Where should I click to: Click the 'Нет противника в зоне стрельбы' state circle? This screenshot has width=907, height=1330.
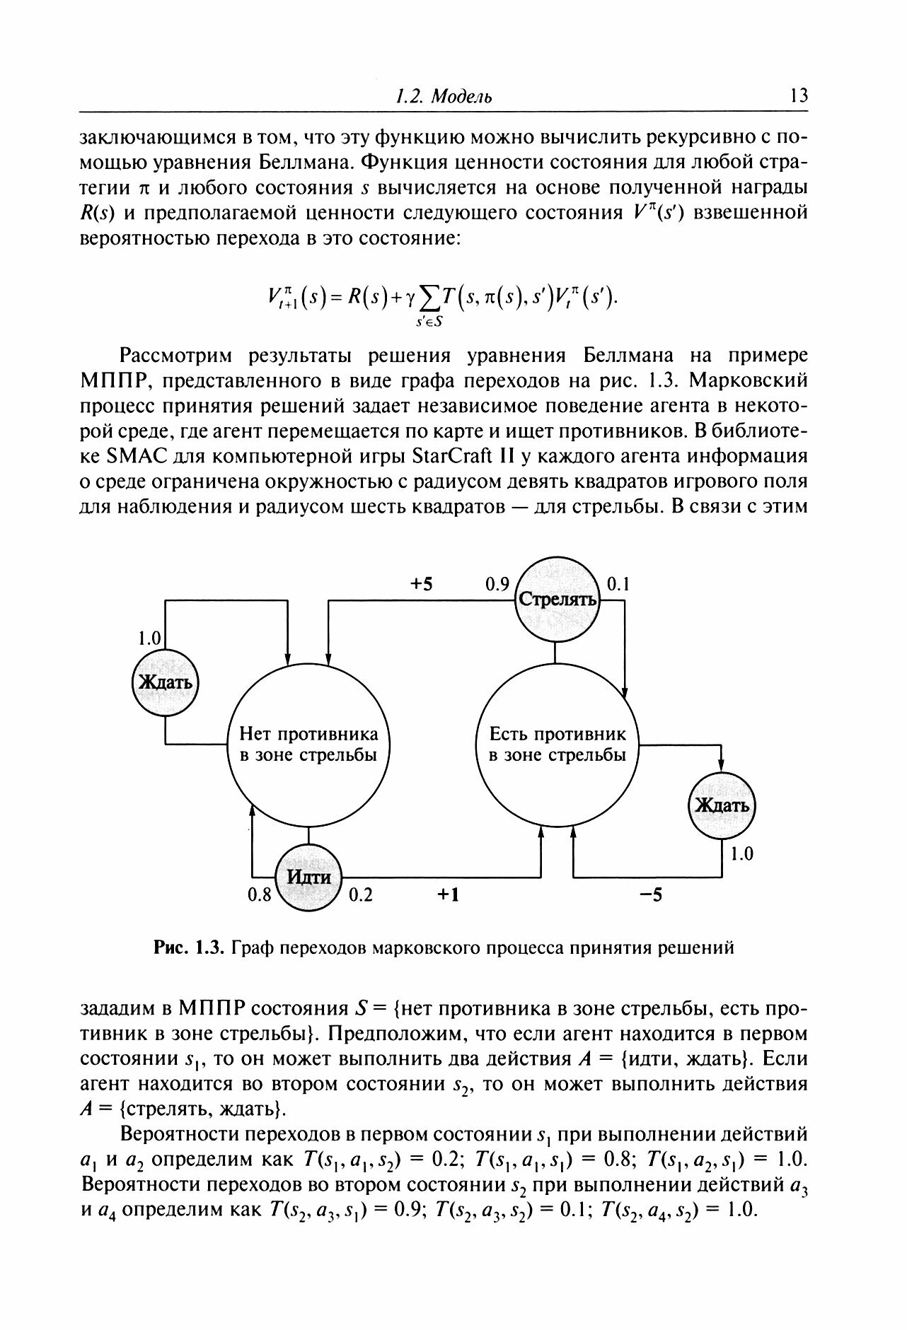(x=308, y=745)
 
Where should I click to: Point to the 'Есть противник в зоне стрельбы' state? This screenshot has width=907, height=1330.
(x=558, y=745)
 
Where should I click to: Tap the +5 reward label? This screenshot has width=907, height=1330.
(x=422, y=584)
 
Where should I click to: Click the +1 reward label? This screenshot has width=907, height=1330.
(x=448, y=895)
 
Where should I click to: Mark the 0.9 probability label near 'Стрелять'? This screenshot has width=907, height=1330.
(x=497, y=585)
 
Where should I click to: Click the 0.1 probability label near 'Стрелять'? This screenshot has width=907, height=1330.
(x=618, y=585)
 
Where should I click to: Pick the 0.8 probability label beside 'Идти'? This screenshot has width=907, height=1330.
(x=259, y=895)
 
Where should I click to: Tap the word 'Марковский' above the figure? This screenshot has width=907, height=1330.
(x=749, y=380)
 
